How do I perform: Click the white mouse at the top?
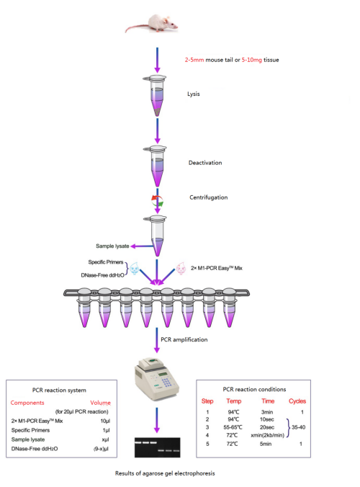(153, 24)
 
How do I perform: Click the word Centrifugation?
(210, 197)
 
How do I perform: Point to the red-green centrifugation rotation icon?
(156, 201)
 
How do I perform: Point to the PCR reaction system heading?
(63, 389)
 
